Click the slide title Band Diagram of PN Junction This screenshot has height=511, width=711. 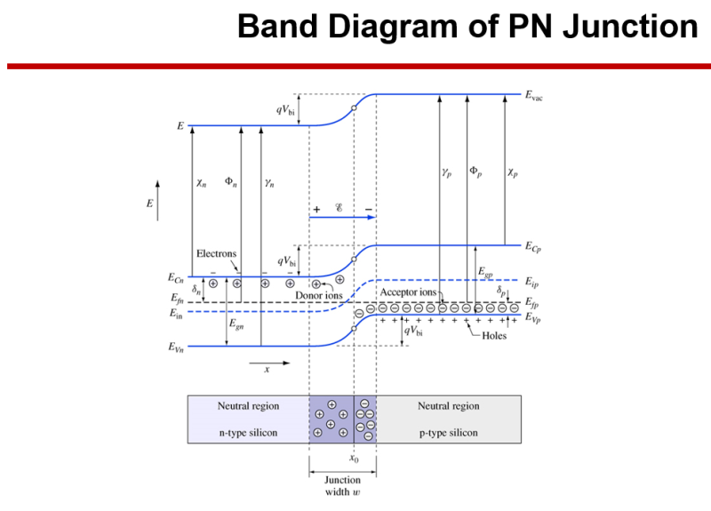click(467, 27)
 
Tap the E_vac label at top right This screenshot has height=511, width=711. click(534, 95)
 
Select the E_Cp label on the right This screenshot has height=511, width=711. click(533, 246)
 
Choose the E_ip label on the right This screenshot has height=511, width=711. click(531, 283)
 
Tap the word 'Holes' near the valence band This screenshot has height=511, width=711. click(495, 336)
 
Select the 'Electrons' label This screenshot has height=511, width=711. click(215, 253)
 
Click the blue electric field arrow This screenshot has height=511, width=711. click(343, 216)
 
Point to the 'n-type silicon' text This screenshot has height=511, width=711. click(248, 433)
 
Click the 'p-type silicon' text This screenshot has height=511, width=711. click(448, 433)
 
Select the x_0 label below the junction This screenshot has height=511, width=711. click(354, 459)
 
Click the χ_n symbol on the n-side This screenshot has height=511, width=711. click(202, 183)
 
